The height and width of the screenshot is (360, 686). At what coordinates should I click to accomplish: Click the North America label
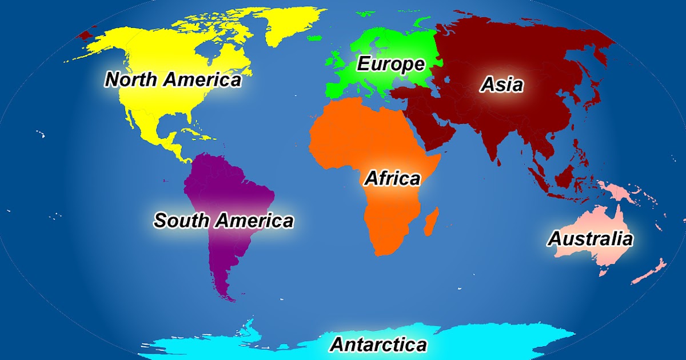click(x=173, y=79)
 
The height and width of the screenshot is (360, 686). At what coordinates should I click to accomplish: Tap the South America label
click(x=223, y=220)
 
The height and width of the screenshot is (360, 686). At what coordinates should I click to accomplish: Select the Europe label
click(x=390, y=64)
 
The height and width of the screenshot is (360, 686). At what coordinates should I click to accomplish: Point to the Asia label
click(x=501, y=85)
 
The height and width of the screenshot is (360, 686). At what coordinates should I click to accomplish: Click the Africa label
click(x=392, y=178)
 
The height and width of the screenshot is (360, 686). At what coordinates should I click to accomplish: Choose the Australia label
click(x=590, y=238)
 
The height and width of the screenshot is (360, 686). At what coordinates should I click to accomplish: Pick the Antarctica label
click(x=378, y=345)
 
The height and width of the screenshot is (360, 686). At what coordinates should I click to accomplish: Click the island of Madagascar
click(x=432, y=223)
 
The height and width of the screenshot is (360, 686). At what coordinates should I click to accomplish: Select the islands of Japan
click(x=595, y=91)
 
